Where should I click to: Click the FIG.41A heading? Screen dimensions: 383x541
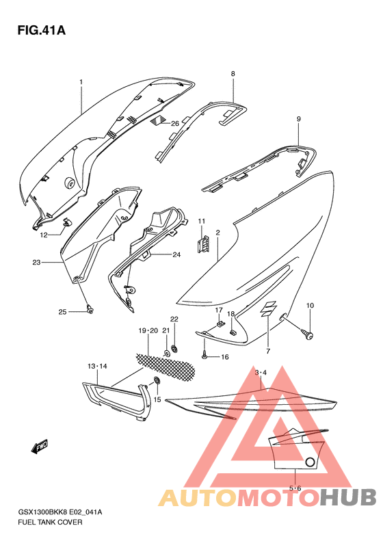click(x=42, y=31)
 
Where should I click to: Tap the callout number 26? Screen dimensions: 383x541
click(x=175, y=123)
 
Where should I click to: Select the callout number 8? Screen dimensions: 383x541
click(x=233, y=73)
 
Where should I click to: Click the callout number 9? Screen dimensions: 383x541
click(x=298, y=119)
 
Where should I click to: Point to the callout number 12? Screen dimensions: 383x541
click(x=44, y=235)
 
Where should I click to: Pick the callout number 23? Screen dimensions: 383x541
click(x=36, y=262)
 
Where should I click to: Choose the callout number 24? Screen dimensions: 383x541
click(x=176, y=254)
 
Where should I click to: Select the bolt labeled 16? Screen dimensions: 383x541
click(x=204, y=355)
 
